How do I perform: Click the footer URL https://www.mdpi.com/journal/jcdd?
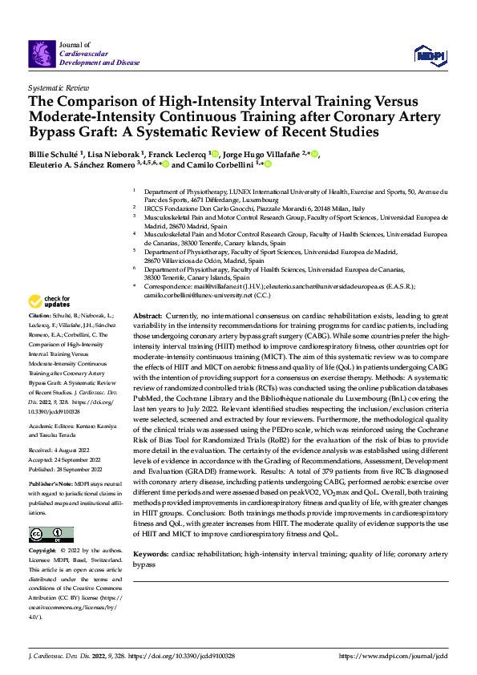393,656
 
